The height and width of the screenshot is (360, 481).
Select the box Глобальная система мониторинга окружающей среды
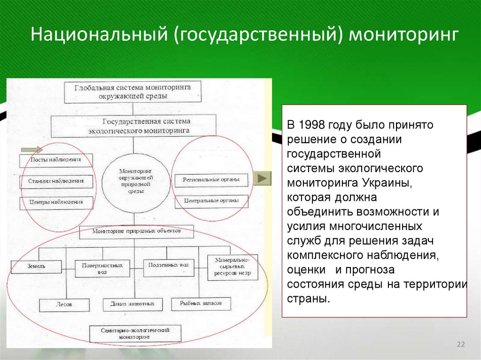point(133,92)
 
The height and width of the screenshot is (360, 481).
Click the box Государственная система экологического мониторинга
point(133,126)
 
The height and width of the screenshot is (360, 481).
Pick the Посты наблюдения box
point(56,160)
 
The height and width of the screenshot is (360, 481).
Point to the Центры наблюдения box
point(56,203)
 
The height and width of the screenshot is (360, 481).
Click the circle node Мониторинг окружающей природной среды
point(133,183)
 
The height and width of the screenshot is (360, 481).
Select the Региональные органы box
point(211,180)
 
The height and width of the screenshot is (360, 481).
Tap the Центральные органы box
point(211,201)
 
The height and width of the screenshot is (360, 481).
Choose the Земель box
point(36,267)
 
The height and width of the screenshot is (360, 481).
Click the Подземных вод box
point(168,266)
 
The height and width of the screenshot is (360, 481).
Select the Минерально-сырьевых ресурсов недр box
point(233,267)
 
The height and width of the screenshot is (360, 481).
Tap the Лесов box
point(64,305)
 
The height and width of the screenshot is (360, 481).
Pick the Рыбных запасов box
point(202,304)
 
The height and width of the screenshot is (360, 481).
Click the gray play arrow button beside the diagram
point(262,178)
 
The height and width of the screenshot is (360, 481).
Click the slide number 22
point(460,345)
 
